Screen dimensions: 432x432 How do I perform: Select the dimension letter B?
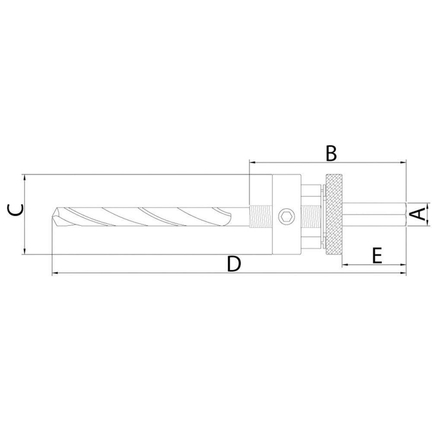[x=330, y=154]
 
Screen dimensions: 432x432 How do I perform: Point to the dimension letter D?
[x=233, y=264]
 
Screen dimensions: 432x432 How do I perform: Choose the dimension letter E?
[x=377, y=256]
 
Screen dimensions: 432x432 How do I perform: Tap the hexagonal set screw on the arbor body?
[x=286, y=216]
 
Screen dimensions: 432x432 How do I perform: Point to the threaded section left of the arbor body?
[x=261, y=216]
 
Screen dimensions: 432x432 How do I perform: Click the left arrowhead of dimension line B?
[x=252, y=162]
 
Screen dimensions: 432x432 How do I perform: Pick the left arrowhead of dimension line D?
[x=54, y=273]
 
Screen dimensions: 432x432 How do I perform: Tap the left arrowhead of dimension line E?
[x=344, y=264]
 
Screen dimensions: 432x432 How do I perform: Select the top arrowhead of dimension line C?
[x=25, y=177]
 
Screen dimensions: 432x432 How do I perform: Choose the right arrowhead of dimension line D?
[x=404, y=273]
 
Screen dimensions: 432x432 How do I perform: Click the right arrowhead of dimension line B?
[x=404, y=162]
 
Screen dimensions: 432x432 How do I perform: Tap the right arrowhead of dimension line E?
[x=404, y=264]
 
